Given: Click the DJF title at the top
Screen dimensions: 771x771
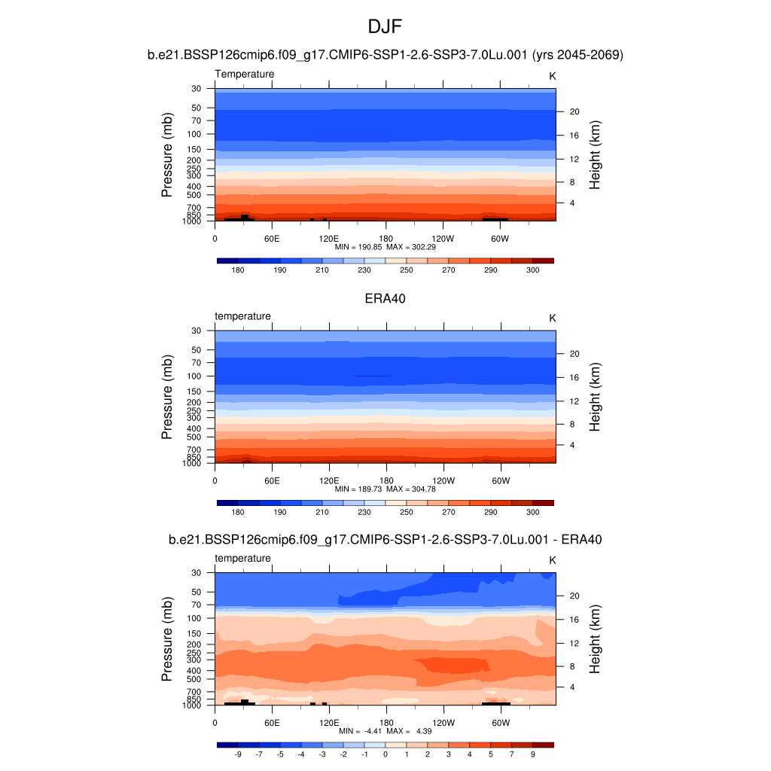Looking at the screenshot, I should (385, 27).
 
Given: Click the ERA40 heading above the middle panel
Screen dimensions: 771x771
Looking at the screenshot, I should (385, 298).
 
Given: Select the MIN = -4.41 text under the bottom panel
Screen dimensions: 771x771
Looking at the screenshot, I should (359, 730).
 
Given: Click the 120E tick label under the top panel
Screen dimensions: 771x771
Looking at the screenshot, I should (329, 239).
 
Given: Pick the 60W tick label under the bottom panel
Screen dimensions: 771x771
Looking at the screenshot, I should (501, 723).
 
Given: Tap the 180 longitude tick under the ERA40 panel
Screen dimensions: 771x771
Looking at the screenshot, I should (385, 481).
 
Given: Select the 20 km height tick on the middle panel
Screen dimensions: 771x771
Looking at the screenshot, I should (573, 354).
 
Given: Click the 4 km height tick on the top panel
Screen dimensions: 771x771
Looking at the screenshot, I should (572, 203).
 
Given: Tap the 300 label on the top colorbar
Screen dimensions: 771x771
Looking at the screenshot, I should (532, 270).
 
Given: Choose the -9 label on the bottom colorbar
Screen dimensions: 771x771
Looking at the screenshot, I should (238, 754).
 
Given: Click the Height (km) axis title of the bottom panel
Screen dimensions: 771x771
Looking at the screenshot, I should (595, 638).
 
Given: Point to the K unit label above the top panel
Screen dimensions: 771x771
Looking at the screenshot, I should (552, 76).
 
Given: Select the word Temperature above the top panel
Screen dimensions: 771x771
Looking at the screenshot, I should (245, 74).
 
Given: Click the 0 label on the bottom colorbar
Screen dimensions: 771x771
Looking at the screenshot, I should (385, 754).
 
